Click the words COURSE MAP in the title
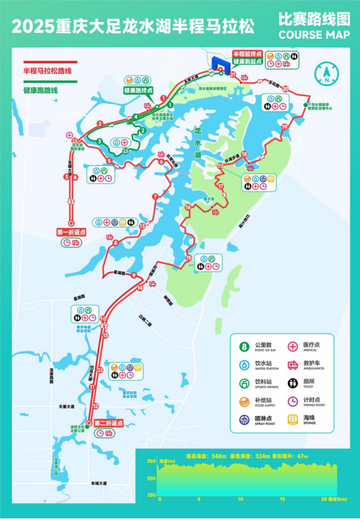(x=314, y=35)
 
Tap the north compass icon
(x=326, y=75)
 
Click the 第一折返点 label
(x=71, y=232)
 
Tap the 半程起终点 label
(x=246, y=54)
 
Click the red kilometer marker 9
(x=134, y=275)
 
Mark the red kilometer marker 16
(x=188, y=207)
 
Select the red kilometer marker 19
(x=284, y=126)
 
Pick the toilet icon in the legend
(x=292, y=384)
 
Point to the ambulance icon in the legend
(x=292, y=365)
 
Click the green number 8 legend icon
(x=244, y=347)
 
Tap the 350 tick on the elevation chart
(x=150, y=461)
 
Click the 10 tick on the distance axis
(x=241, y=499)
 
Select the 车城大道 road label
(x=97, y=484)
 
